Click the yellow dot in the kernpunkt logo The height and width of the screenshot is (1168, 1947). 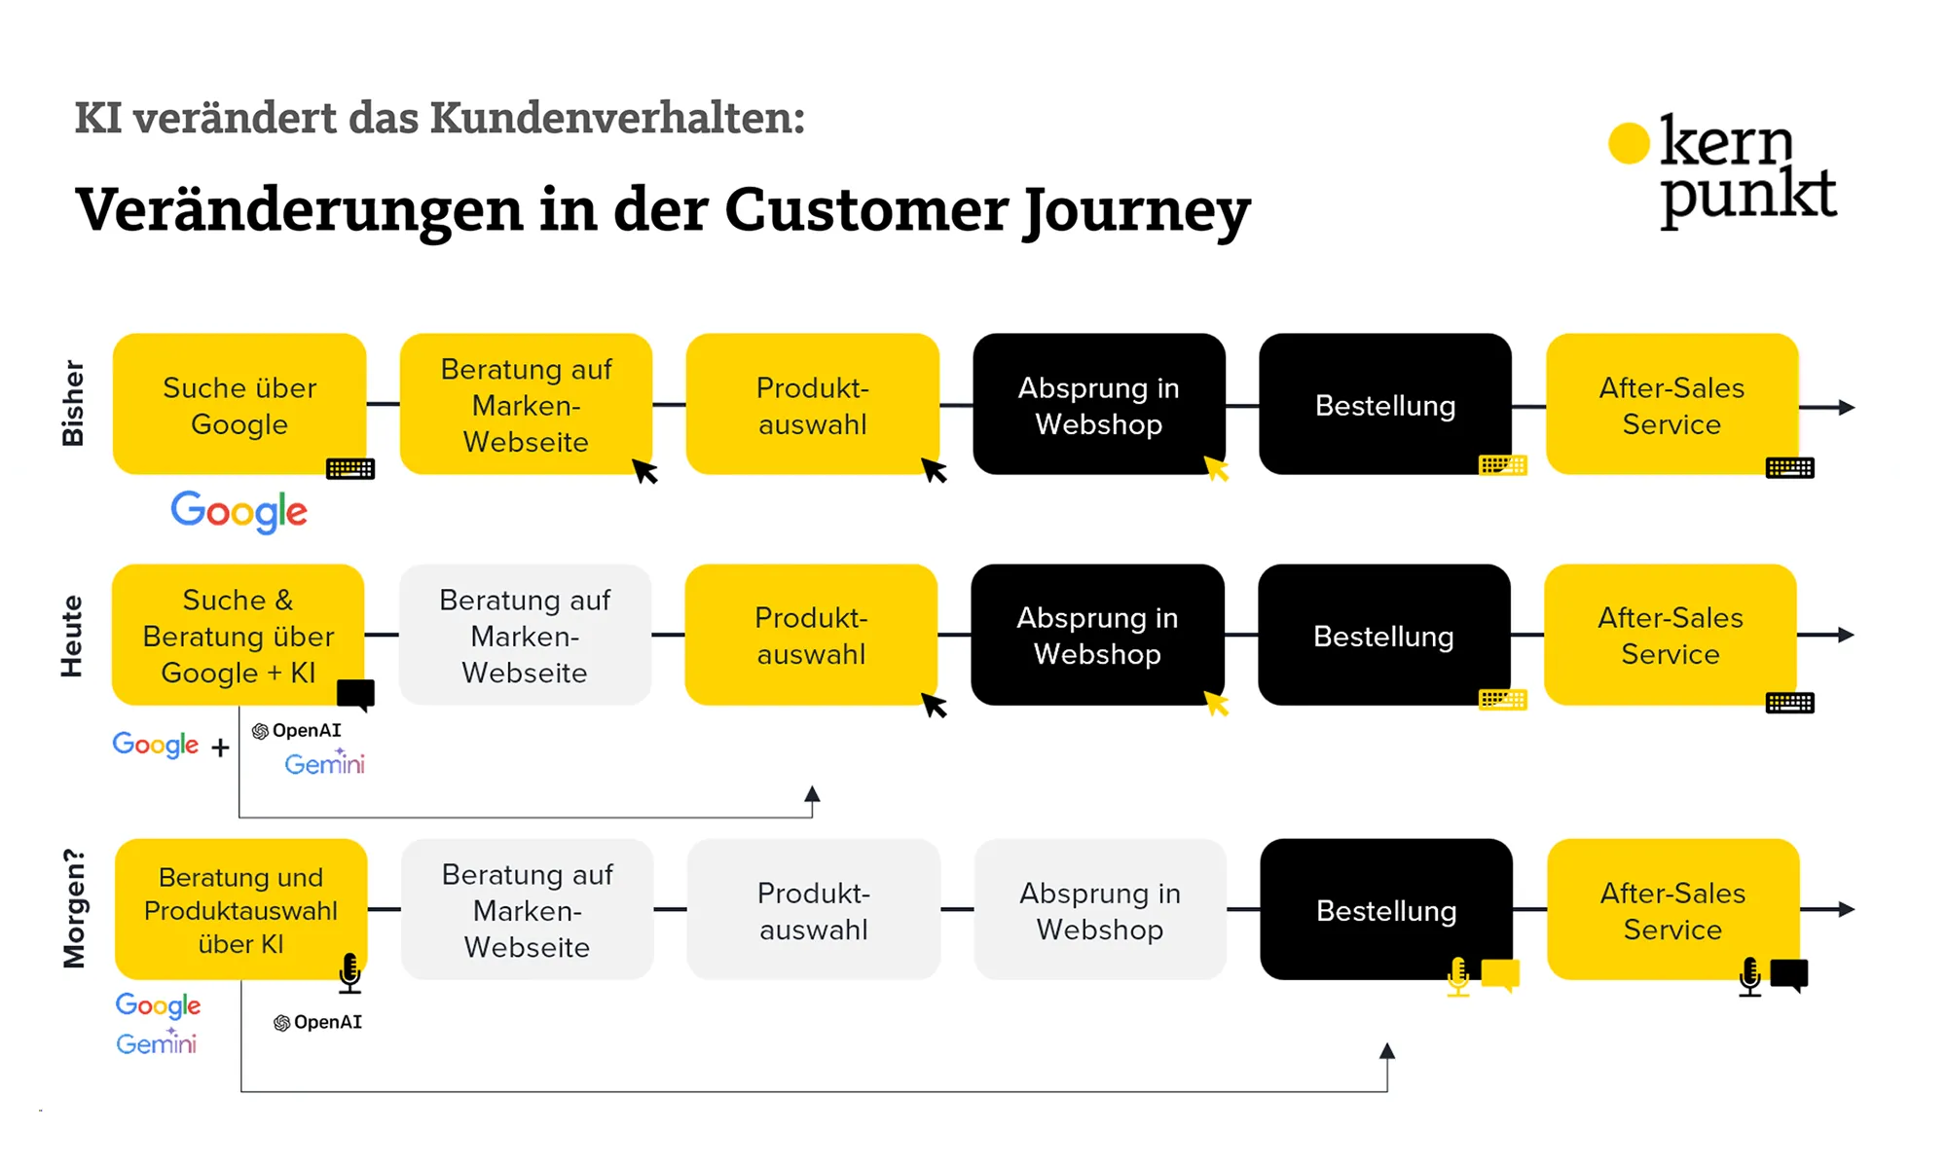click(1629, 143)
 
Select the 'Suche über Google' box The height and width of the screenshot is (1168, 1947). click(239, 405)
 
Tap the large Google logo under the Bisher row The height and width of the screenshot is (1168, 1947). click(239, 511)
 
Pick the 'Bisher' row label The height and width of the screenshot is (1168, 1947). click(73, 403)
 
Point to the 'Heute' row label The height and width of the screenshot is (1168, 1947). click(72, 636)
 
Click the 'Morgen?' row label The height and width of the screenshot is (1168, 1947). click(74, 909)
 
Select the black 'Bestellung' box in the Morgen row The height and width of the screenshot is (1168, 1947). click(1385, 910)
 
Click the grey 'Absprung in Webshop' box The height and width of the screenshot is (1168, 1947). click(1100, 910)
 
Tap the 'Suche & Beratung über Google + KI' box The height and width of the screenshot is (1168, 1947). click(239, 636)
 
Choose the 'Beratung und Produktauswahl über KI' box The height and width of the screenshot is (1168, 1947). click(240, 910)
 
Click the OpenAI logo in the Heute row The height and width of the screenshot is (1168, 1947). click(297, 731)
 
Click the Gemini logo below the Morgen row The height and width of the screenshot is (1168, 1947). click(157, 1043)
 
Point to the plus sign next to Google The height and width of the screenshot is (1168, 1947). click(221, 748)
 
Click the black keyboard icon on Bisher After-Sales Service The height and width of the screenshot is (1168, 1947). click(1789, 468)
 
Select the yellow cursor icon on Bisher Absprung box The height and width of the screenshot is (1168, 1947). click(1216, 469)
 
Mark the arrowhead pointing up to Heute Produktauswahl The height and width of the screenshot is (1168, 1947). click(812, 793)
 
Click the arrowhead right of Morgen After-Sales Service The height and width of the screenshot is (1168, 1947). click(1846, 909)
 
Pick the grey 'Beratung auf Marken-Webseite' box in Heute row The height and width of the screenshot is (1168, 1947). click(525, 636)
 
